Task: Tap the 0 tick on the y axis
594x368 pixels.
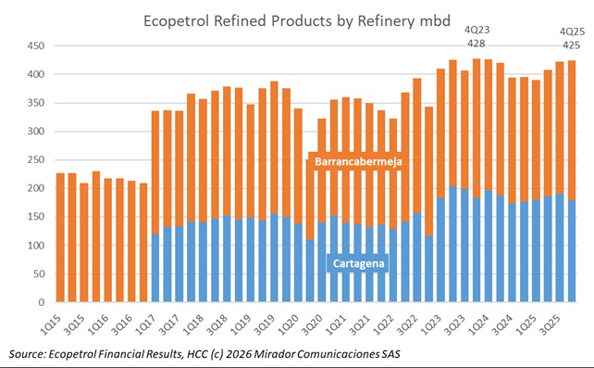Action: point(41,302)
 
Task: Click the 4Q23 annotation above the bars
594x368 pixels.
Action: point(478,30)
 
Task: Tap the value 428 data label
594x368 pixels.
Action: point(478,44)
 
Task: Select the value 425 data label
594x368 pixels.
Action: point(572,44)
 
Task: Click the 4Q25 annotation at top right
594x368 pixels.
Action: point(572,30)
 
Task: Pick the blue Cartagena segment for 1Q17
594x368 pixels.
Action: point(155,268)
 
